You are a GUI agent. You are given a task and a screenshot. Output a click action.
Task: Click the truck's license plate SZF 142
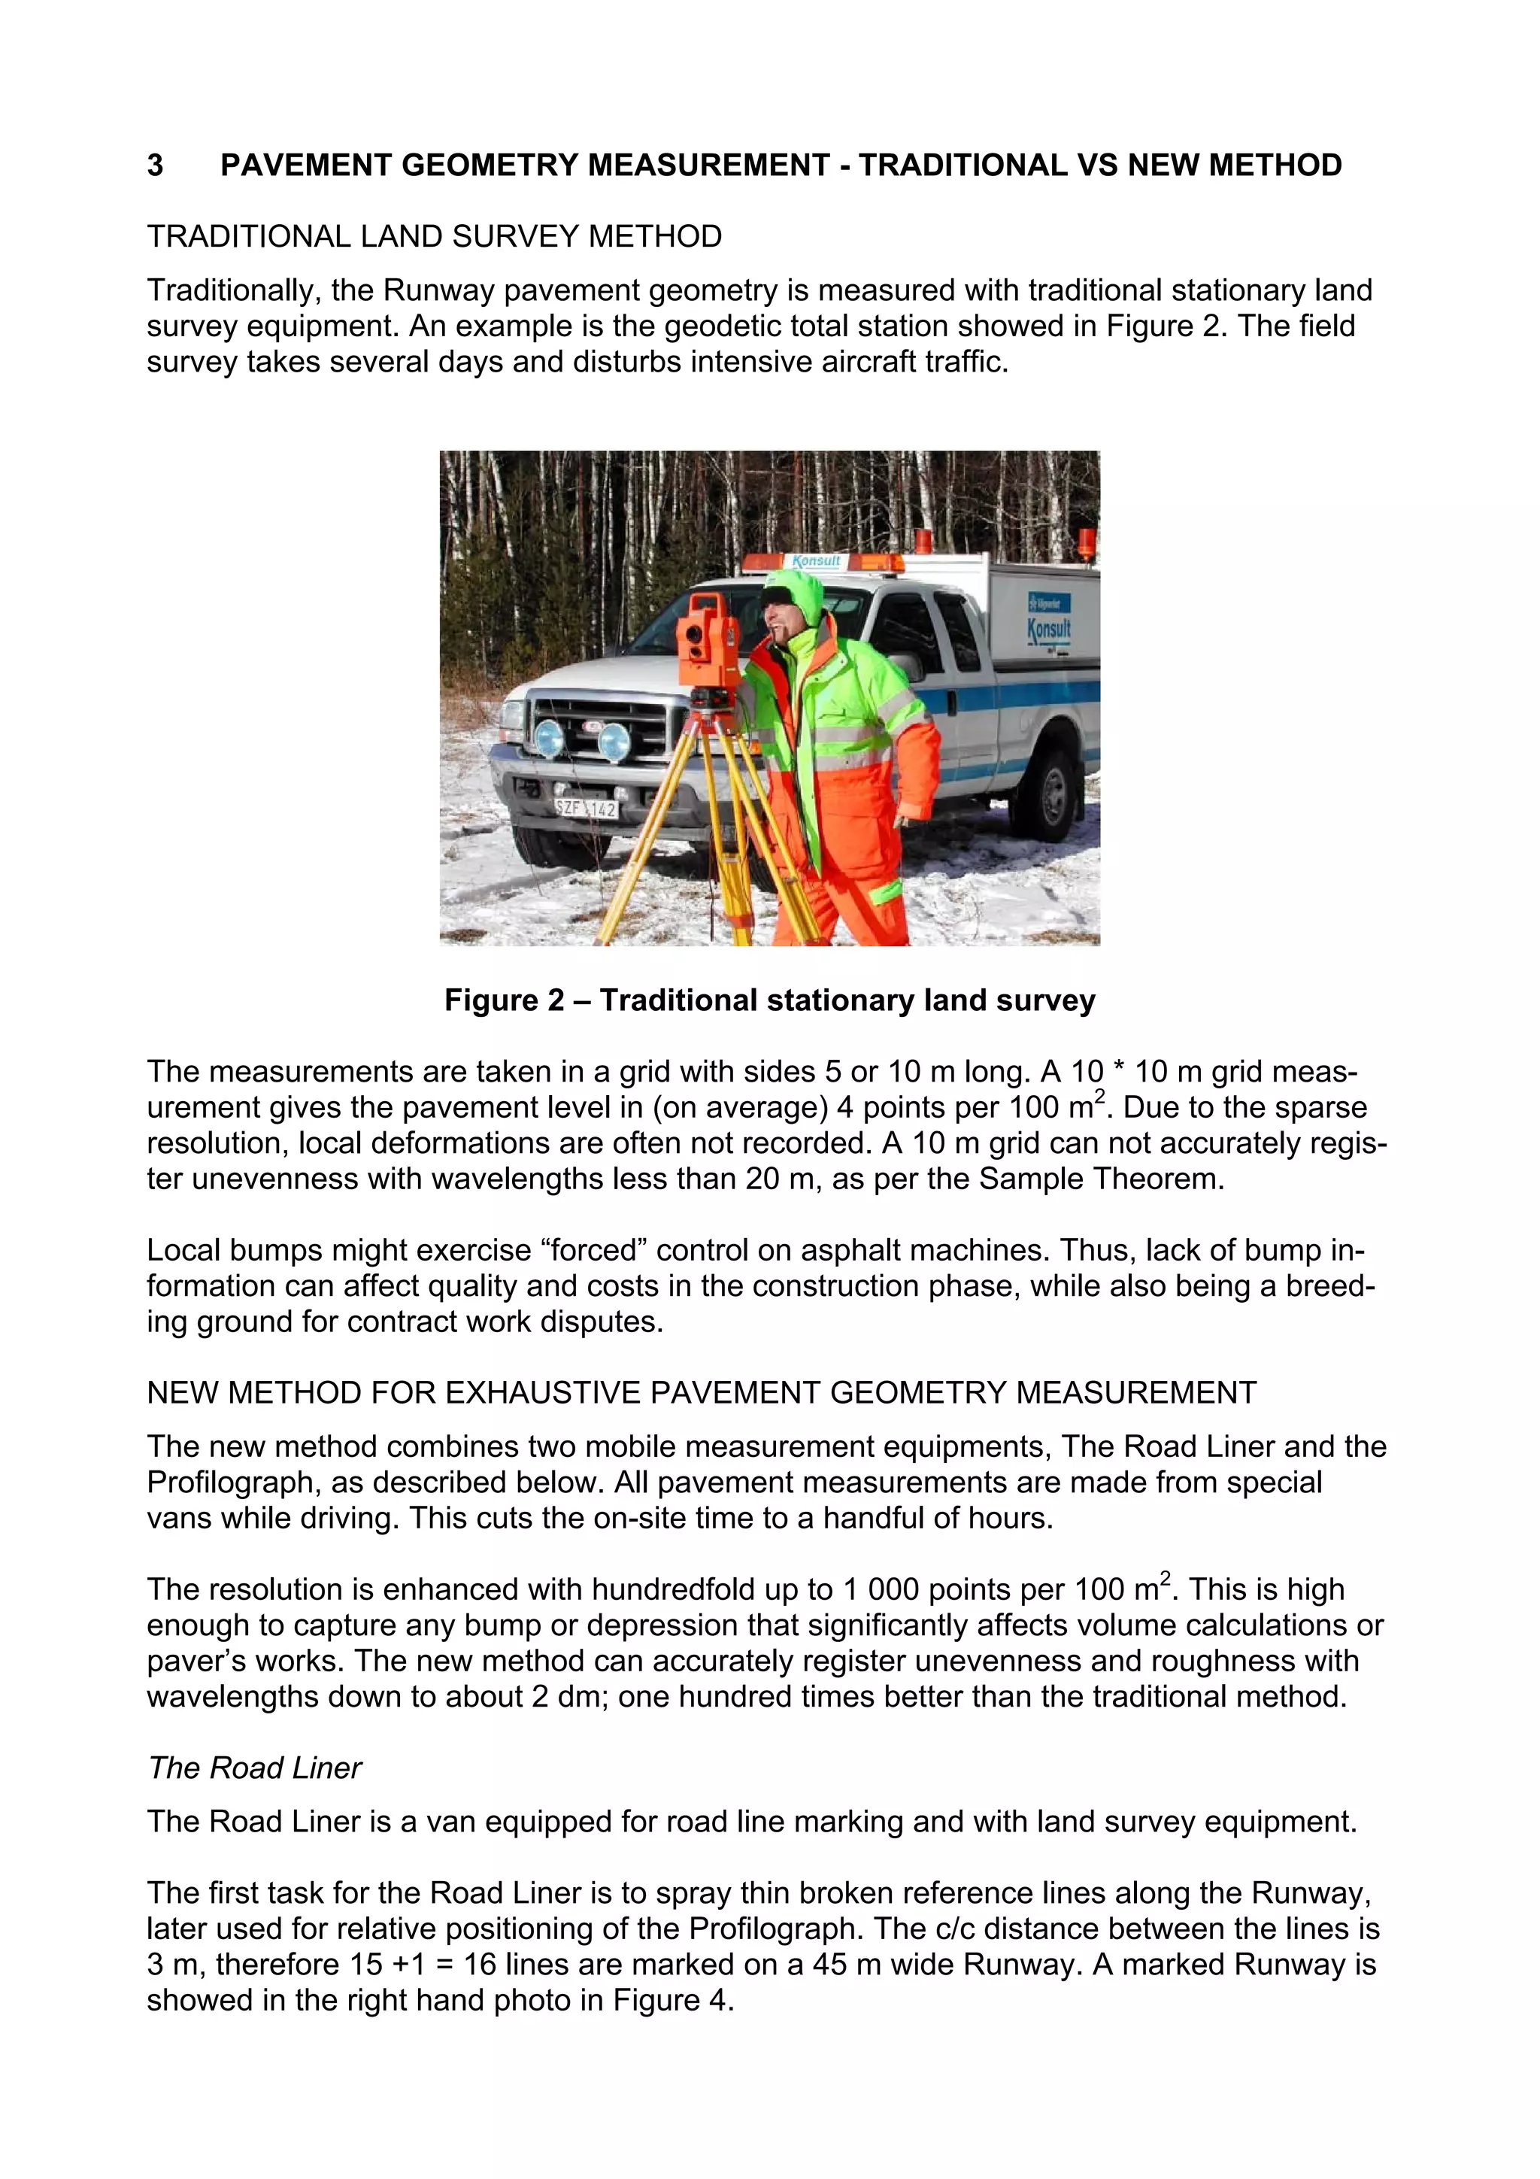(587, 809)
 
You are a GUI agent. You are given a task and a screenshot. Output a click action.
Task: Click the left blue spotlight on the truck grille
(550, 737)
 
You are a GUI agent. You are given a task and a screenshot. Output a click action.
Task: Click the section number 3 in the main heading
(155, 166)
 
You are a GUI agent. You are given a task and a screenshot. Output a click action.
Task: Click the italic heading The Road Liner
(254, 1768)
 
